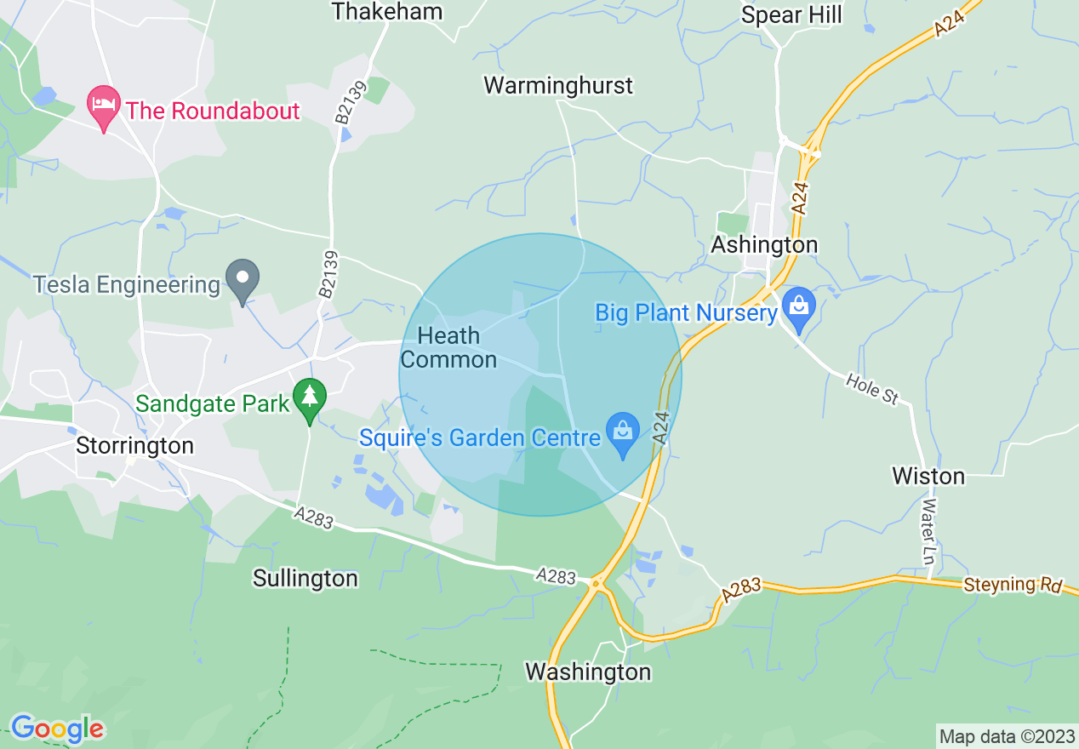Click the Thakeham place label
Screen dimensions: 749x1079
coord(387,12)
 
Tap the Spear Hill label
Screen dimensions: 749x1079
coord(791,15)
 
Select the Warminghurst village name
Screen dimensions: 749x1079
coord(558,86)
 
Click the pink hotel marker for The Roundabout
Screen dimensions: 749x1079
coord(104,106)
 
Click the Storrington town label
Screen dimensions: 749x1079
coord(134,446)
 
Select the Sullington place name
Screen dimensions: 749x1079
coord(305,579)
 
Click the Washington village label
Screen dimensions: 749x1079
coord(588,672)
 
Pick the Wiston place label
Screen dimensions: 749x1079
coord(928,476)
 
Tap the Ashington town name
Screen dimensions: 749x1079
coord(764,245)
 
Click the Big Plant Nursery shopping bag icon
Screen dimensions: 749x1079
coord(798,306)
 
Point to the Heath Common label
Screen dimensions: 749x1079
coord(448,348)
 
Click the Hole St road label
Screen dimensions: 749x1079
coord(872,388)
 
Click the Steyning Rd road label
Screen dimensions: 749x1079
coord(1013,586)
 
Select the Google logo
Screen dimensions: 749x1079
coord(57,729)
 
